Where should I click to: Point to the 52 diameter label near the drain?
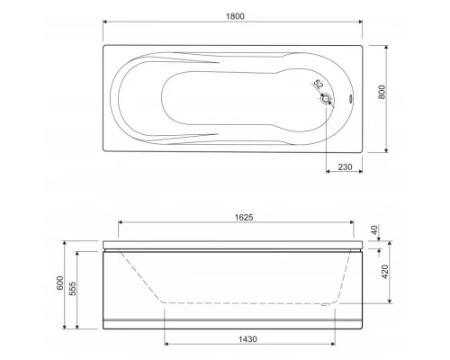(x=318, y=86)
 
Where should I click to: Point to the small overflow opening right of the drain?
(x=349, y=100)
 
